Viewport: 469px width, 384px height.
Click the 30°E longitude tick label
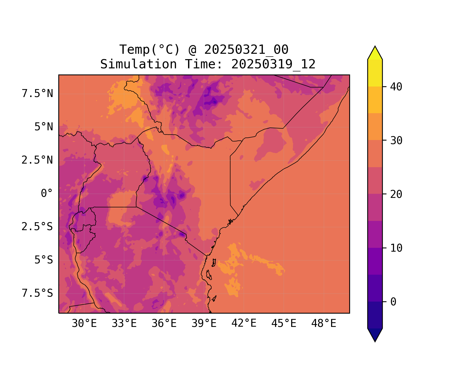click(84, 324)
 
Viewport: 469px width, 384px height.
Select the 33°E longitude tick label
click(124, 324)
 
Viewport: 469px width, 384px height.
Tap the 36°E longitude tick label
click(164, 324)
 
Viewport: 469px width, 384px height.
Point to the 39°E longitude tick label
click(204, 324)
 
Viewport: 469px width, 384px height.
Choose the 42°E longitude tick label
click(244, 324)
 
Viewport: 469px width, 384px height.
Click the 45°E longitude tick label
click(284, 324)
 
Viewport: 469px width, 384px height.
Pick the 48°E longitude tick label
click(324, 324)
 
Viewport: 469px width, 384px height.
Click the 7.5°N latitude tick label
click(37, 94)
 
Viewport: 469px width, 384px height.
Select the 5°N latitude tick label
click(44, 127)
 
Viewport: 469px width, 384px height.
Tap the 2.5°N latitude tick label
click(37, 160)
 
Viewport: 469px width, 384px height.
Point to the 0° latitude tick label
click(47, 194)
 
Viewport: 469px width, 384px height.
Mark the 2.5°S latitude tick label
click(37, 227)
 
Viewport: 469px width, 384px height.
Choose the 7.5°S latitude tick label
click(37, 293)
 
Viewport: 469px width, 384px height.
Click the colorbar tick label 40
click(396, 87)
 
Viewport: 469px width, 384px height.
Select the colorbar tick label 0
click(393, 302)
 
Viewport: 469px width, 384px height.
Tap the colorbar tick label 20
click(396, 194)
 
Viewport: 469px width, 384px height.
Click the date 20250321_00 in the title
click(246, 50)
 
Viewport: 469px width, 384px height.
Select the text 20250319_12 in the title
click(273, 64)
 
